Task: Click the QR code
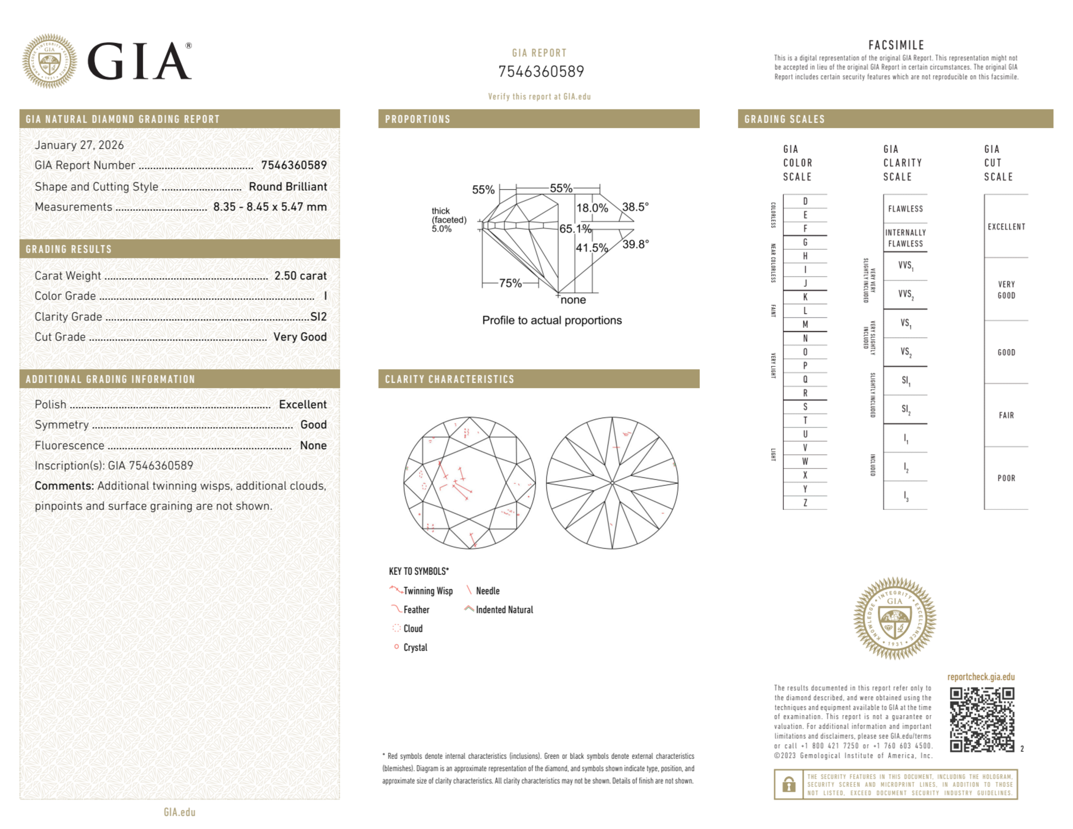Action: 981,720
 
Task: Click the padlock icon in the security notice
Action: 788,784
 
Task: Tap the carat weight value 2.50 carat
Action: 300,276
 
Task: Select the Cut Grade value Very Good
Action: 300,337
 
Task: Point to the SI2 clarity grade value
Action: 319,316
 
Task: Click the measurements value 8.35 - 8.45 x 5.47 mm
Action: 270,207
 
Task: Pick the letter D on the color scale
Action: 805,202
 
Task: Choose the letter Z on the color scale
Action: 805,502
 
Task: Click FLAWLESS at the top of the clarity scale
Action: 905,209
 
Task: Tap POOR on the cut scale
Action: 1006,478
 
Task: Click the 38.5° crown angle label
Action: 635,207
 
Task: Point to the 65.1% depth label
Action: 575,229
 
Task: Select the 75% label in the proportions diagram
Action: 510,283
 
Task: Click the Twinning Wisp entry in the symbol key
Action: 427,591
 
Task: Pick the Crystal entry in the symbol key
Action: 415,647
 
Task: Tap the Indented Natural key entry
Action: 504,610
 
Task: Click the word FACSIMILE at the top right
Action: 896,45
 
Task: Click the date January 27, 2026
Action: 79,145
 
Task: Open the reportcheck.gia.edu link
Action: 981,677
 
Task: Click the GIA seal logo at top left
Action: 49,61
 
